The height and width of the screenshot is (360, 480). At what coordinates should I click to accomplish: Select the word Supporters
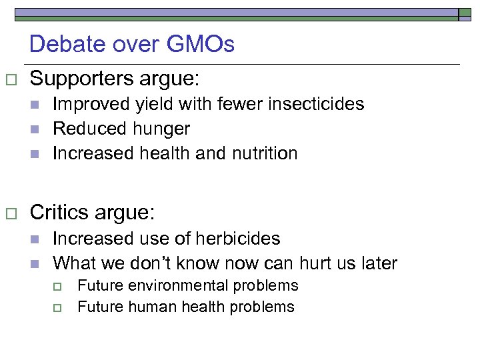83,79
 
